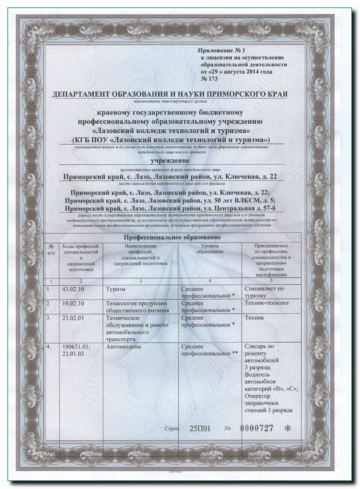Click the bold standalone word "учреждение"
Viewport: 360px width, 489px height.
(x=174, y=161)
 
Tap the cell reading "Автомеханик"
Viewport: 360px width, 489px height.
(x=124, y=347)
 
